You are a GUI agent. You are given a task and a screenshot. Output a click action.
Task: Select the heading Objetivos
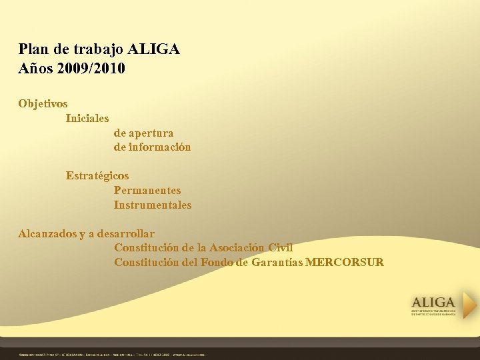[43, 104]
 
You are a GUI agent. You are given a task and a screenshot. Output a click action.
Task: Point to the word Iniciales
[87, 119]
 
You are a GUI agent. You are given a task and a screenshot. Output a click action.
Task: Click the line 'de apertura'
[143, 133]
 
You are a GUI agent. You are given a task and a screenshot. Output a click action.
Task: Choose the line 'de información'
[152, 147]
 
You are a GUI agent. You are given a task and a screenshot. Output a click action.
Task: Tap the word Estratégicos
[97, 176]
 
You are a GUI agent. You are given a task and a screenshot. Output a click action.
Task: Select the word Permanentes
[147, 191]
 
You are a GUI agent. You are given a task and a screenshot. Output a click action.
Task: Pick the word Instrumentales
[153, 205]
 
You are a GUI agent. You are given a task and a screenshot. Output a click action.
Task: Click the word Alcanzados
[47, 234]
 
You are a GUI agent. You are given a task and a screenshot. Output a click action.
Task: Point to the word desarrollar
[125, 234]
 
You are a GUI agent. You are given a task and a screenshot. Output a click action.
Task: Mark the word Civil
[280, 248]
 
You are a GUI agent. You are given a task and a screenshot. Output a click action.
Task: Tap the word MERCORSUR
[345, 263]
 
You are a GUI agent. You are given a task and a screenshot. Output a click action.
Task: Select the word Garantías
[276, 263]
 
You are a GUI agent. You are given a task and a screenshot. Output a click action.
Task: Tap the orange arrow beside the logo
[470, 305]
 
